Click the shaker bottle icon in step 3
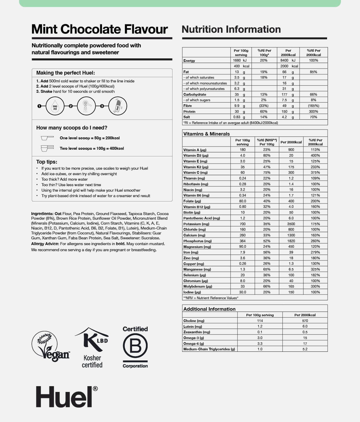(x=118, y=106)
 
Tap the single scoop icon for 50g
(x=47, y=138)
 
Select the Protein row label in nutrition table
(x=189, y=112)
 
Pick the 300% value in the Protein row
(x=313, y=112)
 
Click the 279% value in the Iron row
(x=315, y=252)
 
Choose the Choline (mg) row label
(x=194, y=321)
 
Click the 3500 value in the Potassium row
(x=291, y=224)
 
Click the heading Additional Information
(x=209, y=309)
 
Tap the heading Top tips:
(x=47, y=162)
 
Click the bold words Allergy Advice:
(x=45, y=244)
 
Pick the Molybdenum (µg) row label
(x=198, y=286)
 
